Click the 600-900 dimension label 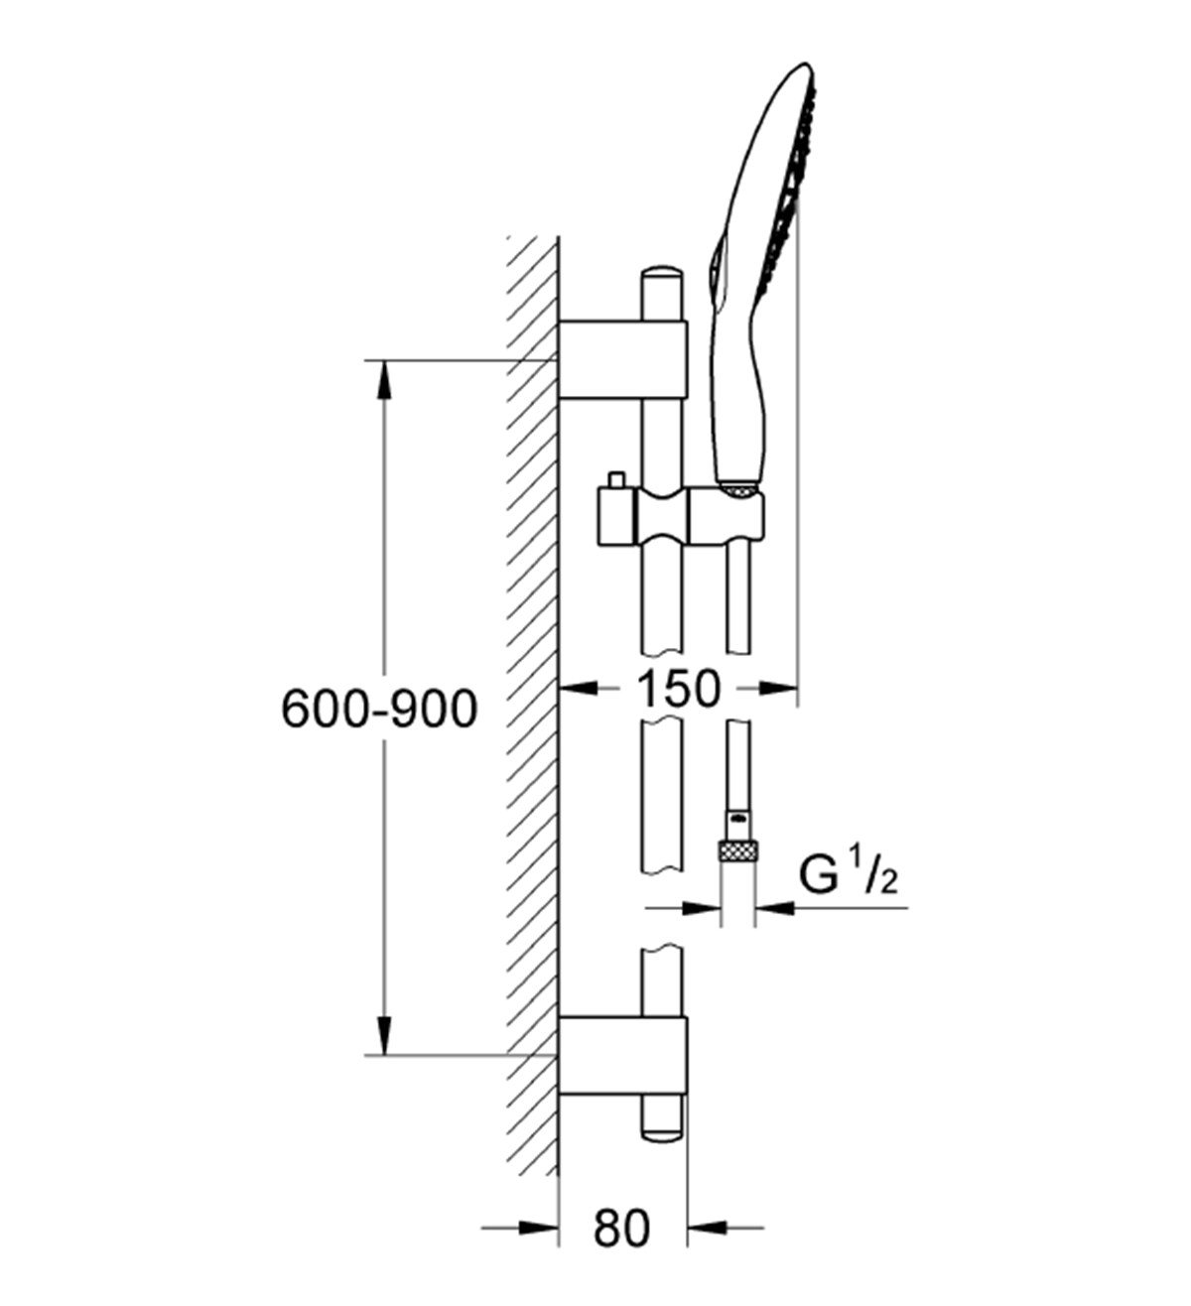tap(379, 709)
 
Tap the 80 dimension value tap(622, 1230)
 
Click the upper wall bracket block tap(622, 359)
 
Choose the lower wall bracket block tap(622, 1055)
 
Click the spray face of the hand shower tap(794, 189)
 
